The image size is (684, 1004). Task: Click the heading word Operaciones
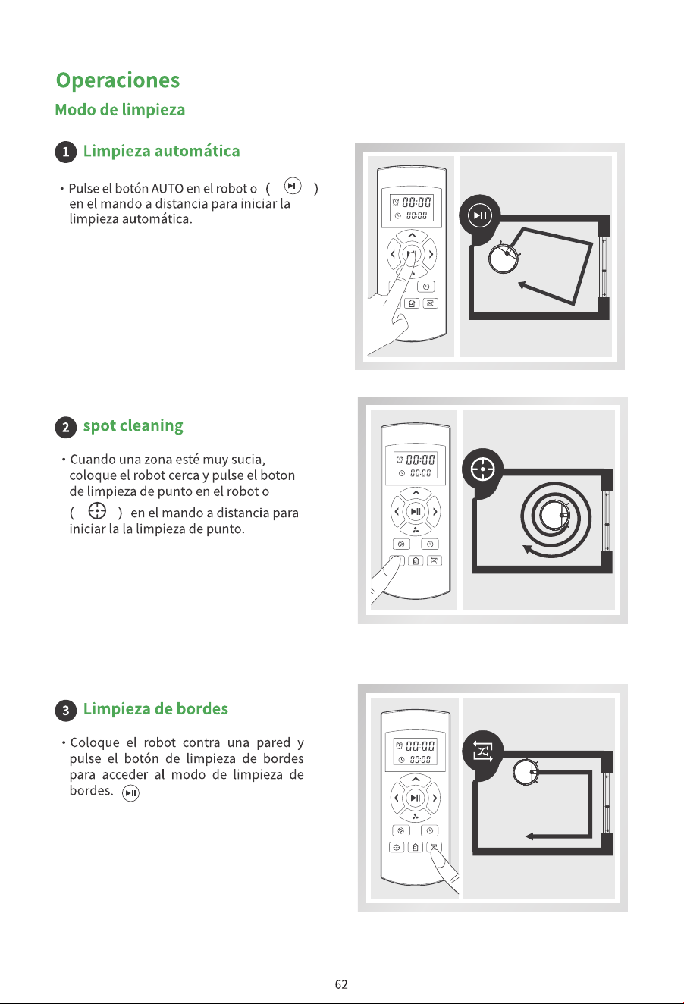118,81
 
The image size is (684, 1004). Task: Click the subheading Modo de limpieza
120,110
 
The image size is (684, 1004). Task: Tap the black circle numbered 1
66,152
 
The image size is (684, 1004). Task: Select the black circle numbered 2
66,427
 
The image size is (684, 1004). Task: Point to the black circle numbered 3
66,711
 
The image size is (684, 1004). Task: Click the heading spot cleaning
133,426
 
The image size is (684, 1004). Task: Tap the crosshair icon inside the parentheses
97,510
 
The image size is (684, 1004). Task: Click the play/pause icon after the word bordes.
130,793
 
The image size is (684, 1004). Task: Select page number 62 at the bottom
341,984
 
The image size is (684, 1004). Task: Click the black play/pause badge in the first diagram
479,215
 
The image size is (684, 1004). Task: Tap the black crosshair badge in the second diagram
483,469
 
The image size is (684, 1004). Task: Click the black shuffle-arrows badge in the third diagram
483,751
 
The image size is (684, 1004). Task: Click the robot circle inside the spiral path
554,514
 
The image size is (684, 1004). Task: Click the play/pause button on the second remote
416,511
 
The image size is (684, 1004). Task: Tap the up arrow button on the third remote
416,780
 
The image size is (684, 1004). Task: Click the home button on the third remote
416,847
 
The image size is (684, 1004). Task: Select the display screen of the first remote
412,208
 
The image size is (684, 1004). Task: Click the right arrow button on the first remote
431,255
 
